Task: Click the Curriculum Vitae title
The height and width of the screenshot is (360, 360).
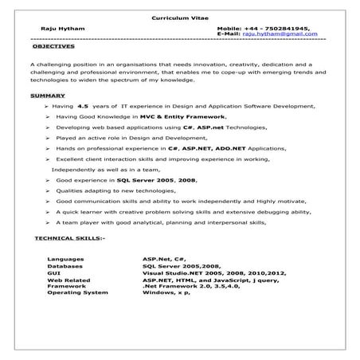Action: tap(179, 18)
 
